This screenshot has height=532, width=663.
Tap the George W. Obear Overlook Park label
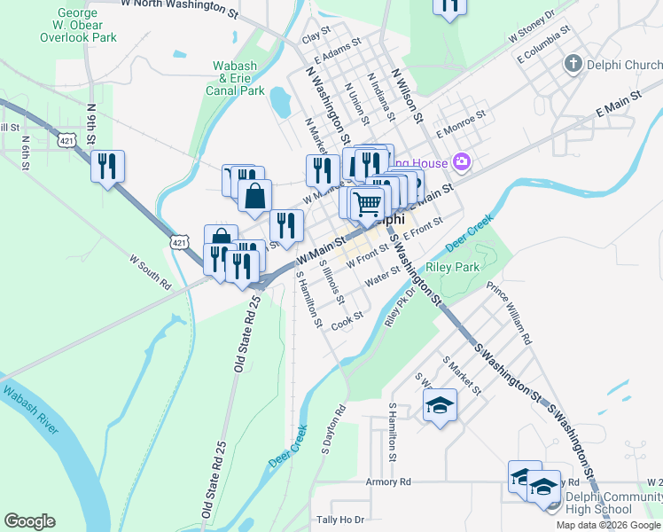click(x=78, y=26)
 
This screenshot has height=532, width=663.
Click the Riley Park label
click(x=452, y=267)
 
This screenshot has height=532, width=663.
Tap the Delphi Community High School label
click(x=611, y=503)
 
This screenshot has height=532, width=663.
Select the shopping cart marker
click(x=367, y=203)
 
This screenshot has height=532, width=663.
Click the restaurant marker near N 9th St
click(x=107, y=165)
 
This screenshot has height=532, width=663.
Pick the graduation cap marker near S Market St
click(x=439, y=406)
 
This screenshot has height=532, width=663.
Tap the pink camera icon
click(x=461, y=161)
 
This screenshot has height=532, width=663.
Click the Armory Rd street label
click(x=388, y=481)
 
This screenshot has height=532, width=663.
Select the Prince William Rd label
click(x=511, y=313)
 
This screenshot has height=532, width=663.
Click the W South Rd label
click(x=150, y=273)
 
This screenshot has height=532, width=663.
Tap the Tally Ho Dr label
click(x=340, y=519)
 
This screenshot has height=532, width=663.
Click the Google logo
click(x=29, y=521)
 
